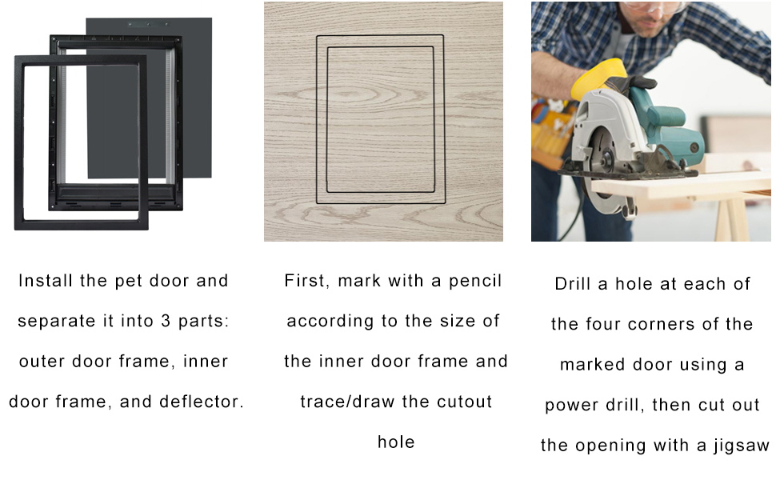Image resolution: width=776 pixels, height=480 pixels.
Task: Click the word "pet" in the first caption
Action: (x=129, y=281)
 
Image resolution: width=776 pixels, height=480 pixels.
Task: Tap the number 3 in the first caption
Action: (x=166, y=321)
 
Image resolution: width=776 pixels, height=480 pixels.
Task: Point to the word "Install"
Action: (x=46, y=281)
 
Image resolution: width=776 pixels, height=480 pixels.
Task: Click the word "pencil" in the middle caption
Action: (x=475, y=281)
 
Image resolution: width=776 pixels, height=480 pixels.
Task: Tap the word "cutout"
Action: (x=465, y=402)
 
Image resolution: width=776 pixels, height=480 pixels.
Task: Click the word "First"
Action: (x=306, y=281)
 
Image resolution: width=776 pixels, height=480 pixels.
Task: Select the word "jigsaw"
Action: (x=742, y=446)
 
